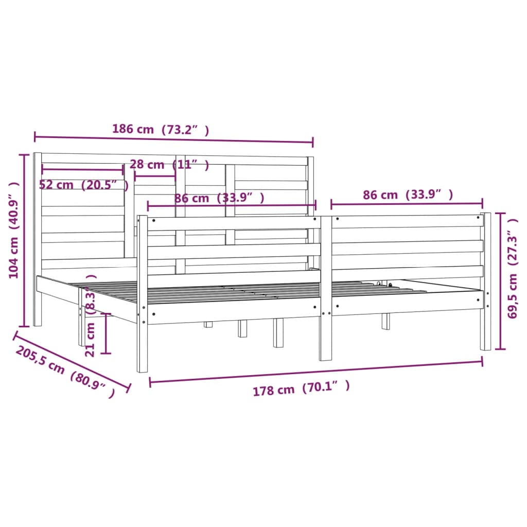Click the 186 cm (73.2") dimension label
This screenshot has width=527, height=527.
pyautogui.click(x=161, y=130)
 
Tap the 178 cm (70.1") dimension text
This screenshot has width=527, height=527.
pyautogui.click(x=301, y=389)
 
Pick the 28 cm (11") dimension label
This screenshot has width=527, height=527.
pyautogui.click(x=169, y=165)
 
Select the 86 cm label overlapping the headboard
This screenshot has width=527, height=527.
pyautogui.click(x=219, y=198)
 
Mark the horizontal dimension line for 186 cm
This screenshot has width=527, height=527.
pyautogui.click(x=173, y=139)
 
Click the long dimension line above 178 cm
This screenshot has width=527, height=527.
pyautogui.click(x=316, y=372)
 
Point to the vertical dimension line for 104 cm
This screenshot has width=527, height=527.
pyautogui.click(x=24, y=240)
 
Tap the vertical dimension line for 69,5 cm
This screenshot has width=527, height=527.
pyautogui.click(x=499, y=280)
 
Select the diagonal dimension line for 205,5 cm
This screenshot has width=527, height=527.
pyautogui.click(x=72, y=360)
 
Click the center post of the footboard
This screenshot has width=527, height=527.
pyautogui.click(x=325, y=288)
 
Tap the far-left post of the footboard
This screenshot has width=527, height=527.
pyautogui.click(x=142, y=293)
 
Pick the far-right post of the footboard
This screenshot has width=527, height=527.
pyautogui.click(x=485, y=281)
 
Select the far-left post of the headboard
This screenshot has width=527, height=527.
pyautogui.click(x=37, y=239)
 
